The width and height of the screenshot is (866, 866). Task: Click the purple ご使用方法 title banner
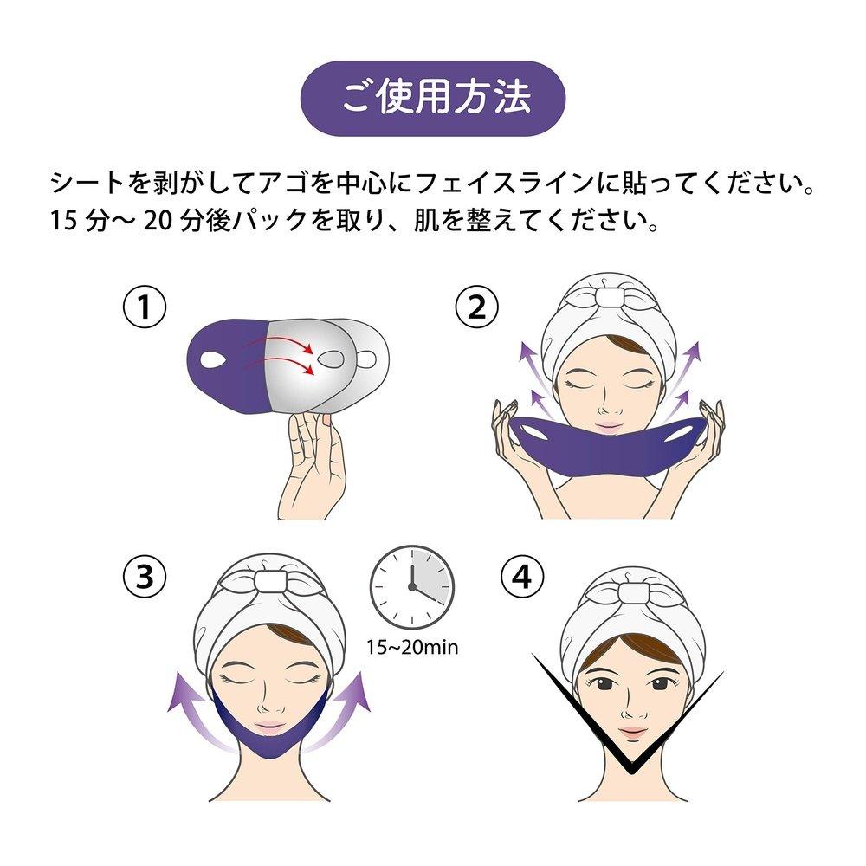(x=433, y=99)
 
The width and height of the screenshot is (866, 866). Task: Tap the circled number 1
(x=144, y=307)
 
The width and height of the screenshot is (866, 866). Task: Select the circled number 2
(x=476, y=307)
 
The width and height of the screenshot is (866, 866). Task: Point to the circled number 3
(x=144, y=577)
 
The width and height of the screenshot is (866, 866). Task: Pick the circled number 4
(x=522, y=577)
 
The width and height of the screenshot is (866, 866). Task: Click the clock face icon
(x=412, y=587)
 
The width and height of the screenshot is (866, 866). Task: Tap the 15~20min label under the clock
(x=412, y=647)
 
